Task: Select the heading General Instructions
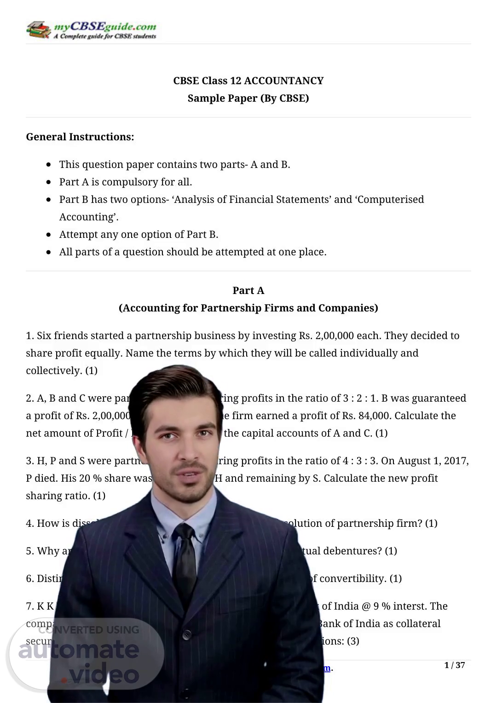click(80, 137)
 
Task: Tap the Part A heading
click(248, 291)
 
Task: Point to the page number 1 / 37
click(454, 665)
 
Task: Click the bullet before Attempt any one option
click(49, 235)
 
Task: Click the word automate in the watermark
click(78, 650)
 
